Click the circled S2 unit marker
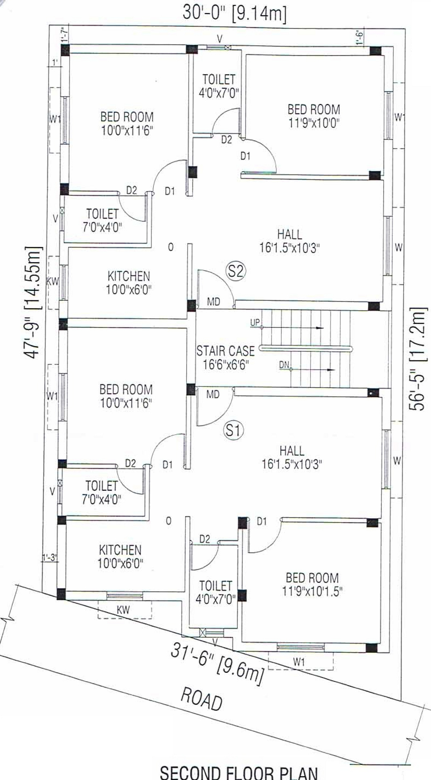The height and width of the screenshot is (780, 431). tap(236, 271)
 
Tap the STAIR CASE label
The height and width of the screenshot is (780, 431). tap(226, 351)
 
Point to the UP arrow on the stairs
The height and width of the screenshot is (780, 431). tap(292, 328)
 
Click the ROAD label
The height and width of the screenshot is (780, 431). tap(201, 699)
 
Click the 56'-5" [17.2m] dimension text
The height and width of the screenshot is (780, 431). tap(418, 358)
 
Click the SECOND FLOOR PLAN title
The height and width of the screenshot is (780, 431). tap(239, 772)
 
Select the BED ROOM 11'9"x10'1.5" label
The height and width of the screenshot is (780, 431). tap(312, 584)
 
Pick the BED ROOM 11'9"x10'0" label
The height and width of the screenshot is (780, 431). tap(314, 116)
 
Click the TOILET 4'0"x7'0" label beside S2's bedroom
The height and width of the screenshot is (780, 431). tap(219, 86)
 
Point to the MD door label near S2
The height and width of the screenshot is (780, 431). tap(213, 302)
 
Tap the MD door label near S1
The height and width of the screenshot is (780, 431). tap(213, 394)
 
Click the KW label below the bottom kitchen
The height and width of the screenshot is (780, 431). tap(123, 610)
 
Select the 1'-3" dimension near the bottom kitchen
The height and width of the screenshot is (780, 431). tap(50, 558)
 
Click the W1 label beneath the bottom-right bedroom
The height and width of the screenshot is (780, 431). tap(299, 661)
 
